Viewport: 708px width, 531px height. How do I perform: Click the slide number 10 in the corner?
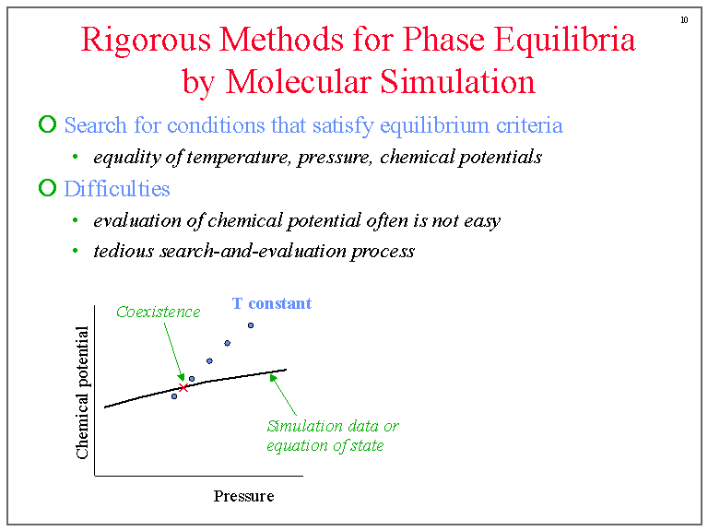pyautogui.click(x=684, y=19)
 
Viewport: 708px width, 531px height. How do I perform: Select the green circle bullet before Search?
pyautogui.click(x=47, y=124)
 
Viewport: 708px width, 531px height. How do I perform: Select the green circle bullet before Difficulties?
pyautogui.click(x=47, y=189)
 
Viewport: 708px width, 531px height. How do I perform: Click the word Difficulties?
pyautogui.click(x=117, y=189)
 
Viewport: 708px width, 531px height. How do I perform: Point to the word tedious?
pyautogui.click(x=124, y=251)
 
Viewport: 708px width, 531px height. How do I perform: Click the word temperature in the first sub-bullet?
pyautogui.click(x=245, y=157)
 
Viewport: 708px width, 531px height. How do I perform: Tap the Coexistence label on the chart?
pyautogui.click(x=158, y=312)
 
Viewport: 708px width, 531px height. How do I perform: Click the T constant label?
pyautogui.click(x=271, y=303)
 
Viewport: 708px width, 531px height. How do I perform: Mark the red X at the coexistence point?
pyautogui.click(x=183, y=388)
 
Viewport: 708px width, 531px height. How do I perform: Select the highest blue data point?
pyautogui.click(x=250, y=325)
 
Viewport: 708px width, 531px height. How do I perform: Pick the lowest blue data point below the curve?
pyautogui.click(x=173, y=396)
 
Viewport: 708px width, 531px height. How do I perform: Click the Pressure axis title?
pyautogui.click(x=243, y=496)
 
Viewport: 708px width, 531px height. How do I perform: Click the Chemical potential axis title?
pyautogui.click(x=83, y=393)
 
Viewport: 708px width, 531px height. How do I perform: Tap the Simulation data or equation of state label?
pyautogui.click(x=332, y=436)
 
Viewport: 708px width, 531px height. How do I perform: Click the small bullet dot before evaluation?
pyautogui.click(x=75, y=221)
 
